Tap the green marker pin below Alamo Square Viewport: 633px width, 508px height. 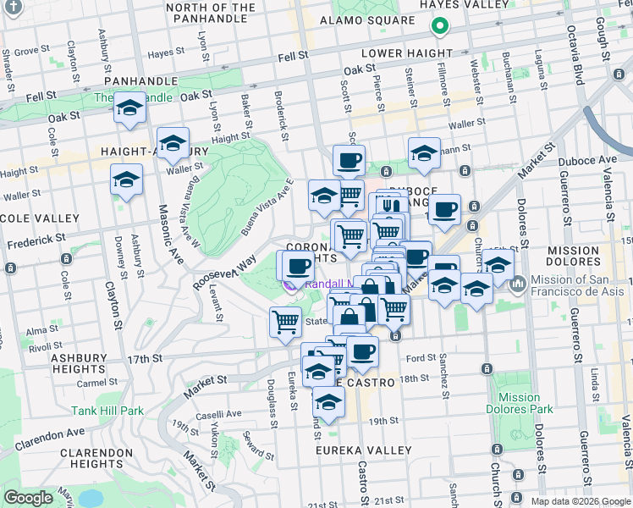pos(438,26)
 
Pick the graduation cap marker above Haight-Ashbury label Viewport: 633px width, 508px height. pos(173,143)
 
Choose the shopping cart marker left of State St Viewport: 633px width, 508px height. pos(286,322)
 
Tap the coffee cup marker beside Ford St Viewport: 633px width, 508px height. pos(362,351)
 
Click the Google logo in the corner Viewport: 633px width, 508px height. pos(28,498)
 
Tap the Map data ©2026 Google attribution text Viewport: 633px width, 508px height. pos(580,501)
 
